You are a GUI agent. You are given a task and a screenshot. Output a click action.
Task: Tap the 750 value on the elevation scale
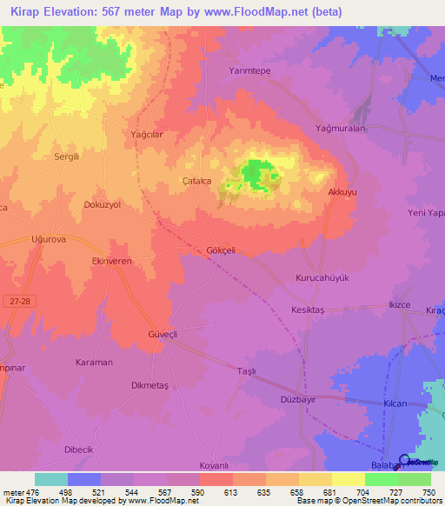[x=428, y=492]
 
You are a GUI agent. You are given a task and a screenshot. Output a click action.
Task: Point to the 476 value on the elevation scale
[x=32, y=492]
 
